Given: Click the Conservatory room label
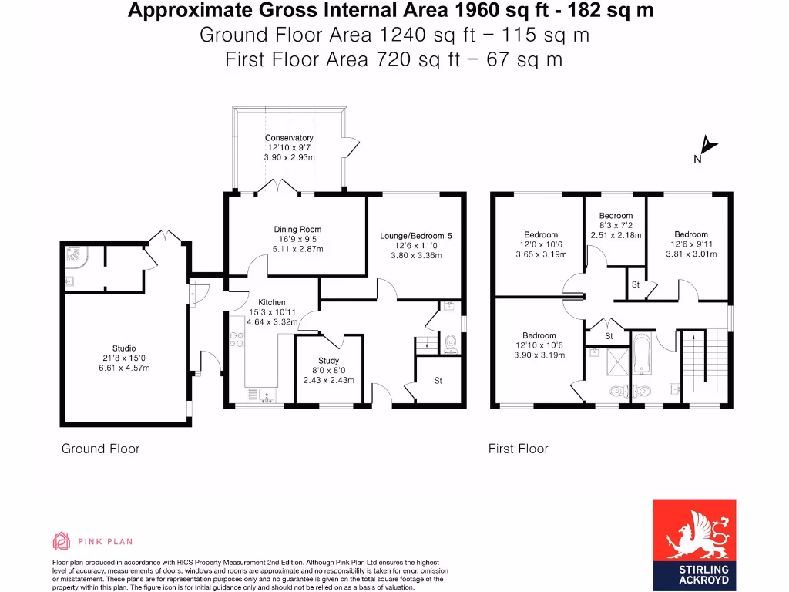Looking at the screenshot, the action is click(289, 137).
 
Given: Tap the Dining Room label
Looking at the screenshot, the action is click(297, 229).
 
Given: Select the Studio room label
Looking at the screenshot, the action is click(124, 348).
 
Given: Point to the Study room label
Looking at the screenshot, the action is click(328, 361).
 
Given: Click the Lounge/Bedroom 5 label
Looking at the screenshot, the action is click(415, 236).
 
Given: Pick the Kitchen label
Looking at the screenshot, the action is click(272, 302).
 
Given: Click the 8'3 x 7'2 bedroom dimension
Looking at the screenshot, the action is click(616, 226).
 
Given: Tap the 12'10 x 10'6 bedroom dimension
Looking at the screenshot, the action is click(539, 345).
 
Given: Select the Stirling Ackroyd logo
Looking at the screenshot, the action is click(694, 545).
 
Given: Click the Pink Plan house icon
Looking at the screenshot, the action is click(62, 541).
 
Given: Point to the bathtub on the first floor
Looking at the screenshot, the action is click(641, 353).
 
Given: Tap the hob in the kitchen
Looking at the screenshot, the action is click(237, 339).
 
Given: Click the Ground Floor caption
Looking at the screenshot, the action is click(101, 449).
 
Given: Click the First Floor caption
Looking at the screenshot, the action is click(519, 449).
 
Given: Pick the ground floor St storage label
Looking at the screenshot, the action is click(438, 381).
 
